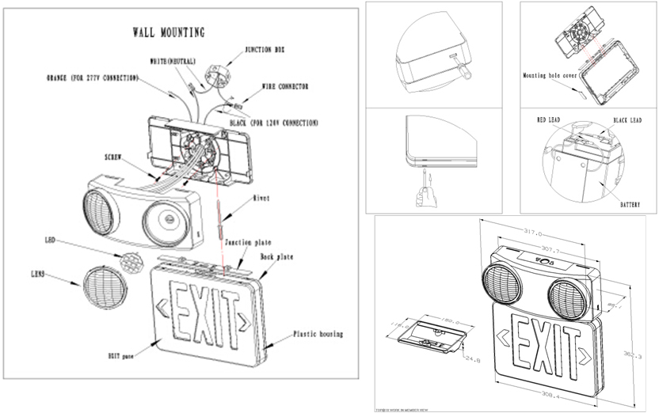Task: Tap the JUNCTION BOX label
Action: coord(265,49)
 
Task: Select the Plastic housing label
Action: coord(318,335)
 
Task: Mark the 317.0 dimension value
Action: coord(533,233)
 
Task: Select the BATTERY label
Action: coord(630,204)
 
